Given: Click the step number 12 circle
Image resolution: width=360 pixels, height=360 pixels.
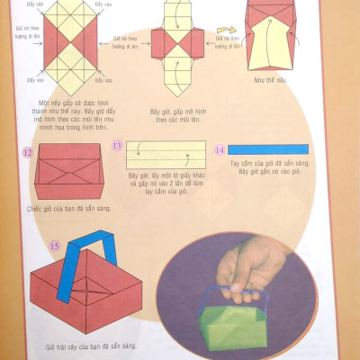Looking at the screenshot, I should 28,153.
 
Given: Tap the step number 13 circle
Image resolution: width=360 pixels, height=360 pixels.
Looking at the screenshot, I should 117,145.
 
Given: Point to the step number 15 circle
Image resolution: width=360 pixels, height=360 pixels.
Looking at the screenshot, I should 54,244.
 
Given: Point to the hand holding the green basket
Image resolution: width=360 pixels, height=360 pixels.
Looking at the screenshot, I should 250,266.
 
